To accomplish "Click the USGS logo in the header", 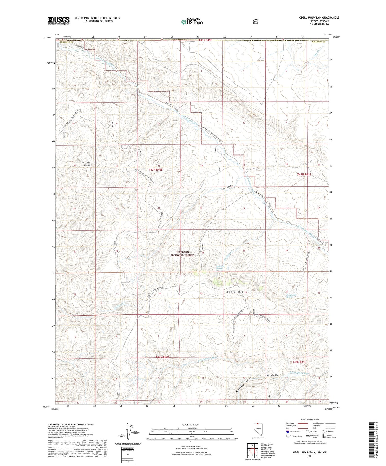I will click(59, 21).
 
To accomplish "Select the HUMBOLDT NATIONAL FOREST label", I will click(182, 254).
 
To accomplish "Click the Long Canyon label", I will click(226, 188).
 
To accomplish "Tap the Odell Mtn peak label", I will click(235, 292).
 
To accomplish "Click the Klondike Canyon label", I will click(243, 385).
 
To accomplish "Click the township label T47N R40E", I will click(156, 170).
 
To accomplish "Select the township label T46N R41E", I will click(299, 362).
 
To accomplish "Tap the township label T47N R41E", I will click(304, 174).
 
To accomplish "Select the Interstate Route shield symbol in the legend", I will click(287, 432).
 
